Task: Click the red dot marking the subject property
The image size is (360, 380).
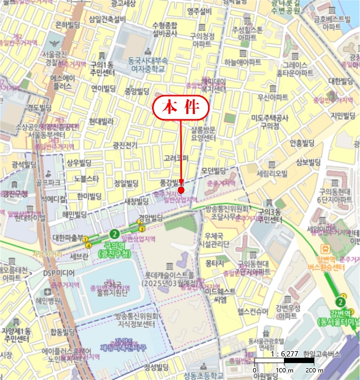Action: tap(181, 190)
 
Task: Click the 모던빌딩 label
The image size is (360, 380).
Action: tap(213, 170)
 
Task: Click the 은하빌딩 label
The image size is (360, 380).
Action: tap(68, 24)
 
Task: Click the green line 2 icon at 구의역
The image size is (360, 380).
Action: tap(114, 234)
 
